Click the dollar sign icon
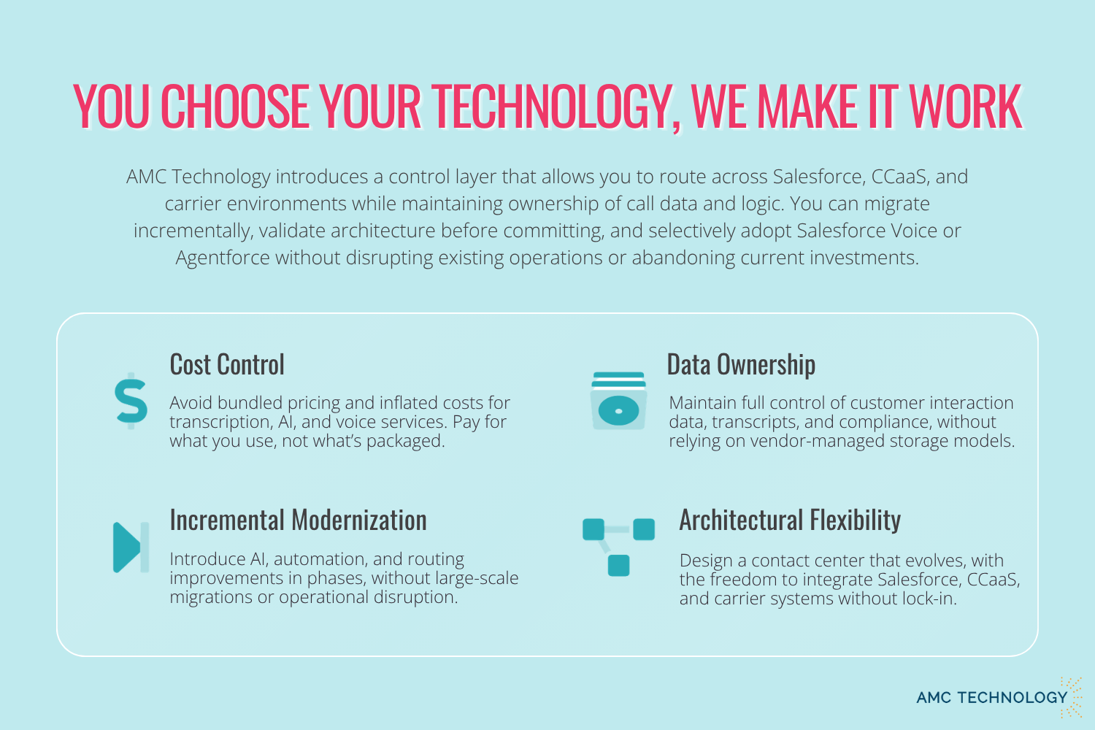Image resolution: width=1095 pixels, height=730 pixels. click(131, 401)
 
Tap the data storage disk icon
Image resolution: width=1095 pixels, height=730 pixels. click(618, 401)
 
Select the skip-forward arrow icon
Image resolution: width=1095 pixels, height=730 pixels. click(131, 547)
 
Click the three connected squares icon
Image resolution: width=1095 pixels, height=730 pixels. click(618, 547)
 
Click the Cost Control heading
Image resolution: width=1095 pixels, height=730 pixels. click(227, 364)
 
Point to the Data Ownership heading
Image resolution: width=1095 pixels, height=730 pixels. click(741, 364)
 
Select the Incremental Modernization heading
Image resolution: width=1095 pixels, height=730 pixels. click(298, 520)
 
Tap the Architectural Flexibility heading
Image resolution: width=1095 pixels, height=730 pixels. click(790, 520)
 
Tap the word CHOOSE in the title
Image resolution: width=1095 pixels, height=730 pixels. click(235, 106)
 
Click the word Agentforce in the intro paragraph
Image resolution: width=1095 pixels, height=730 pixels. click(223, 258)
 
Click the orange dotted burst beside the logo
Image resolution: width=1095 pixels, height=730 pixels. click(1072, 697)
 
